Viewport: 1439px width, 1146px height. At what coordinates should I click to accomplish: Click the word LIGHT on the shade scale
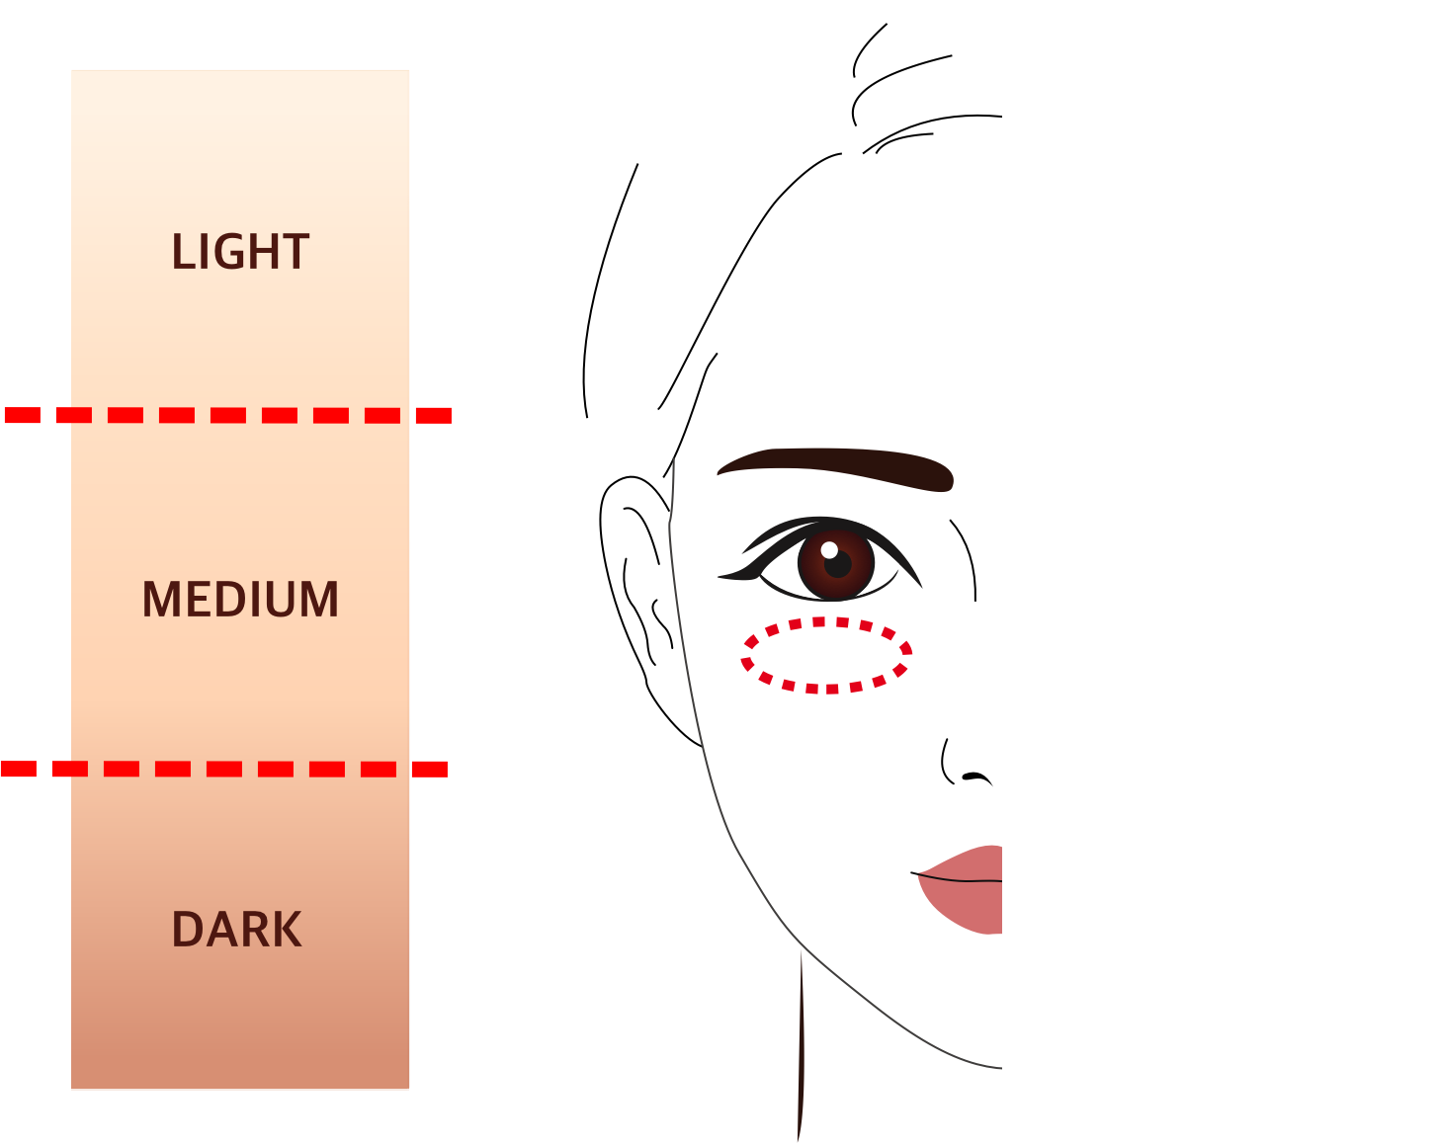pos(240,252)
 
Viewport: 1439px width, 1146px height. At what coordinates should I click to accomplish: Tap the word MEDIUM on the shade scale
pos(240,600)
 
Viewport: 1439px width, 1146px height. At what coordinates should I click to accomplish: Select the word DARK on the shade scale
pos(236,930)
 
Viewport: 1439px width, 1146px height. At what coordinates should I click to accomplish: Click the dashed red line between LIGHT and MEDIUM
pos(227,415)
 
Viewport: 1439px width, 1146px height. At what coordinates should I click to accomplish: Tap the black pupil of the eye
pos(838,565)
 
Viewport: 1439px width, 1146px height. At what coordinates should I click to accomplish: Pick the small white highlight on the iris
pos(829,549)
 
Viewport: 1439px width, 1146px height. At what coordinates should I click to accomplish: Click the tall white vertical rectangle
pos(1139,572)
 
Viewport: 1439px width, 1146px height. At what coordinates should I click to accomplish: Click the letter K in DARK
pos(288,930)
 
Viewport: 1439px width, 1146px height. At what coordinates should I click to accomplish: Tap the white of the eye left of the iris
pos(781,569)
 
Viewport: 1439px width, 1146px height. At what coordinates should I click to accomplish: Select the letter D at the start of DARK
pos(186,930)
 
